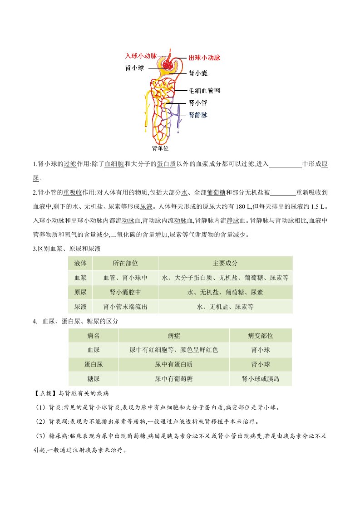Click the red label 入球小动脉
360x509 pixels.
click(x=140, y=56)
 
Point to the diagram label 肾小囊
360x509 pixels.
click(x=198, y=73)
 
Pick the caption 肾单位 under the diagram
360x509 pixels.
click(x=161, y=147)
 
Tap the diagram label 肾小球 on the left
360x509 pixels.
click(x=134, y=68)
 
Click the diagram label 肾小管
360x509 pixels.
click(x=198, y=103)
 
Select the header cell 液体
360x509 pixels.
click(x=80, y=263)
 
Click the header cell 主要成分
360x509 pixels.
click(x=225, y=263)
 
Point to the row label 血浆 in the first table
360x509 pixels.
click(x=80, y=278)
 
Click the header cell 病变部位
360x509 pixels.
click(x=260, y=336)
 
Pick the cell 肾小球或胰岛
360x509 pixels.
click(x=260, y=379)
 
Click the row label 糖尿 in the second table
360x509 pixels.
click(x=93, y=379)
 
